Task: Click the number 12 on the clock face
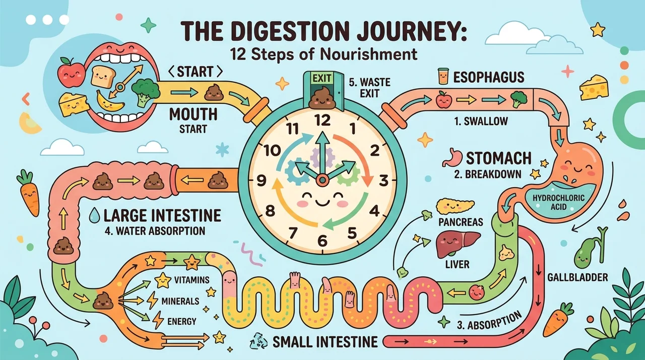pyautogui.click(x=322, y=121)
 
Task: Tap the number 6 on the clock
pyautogui.click(x=322, y=241)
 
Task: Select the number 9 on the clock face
pyautogui.click(x=261, y=181)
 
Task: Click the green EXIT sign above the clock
pyautogui.click(x=322, y=78)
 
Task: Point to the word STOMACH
pyautogui.click(x=499, y=158)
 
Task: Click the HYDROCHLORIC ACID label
pyautogui.click(x=559, y=202)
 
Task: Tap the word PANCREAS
pyautogui.click(x=461, y=222)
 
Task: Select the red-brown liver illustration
pyautogui.click(x=458, y=245)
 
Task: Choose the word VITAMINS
pyautogui.click(x=192, y=280)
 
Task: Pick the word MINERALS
pyautogui.click(x=180, y=301)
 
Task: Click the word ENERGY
pyautogui.click(x=182, y=321)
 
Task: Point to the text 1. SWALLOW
pyautogui.click(x=481, y=121)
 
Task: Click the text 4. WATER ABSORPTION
pyautogui.click(x=155, y=231)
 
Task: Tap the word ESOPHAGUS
pyautogui.click(x=489, y=77)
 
